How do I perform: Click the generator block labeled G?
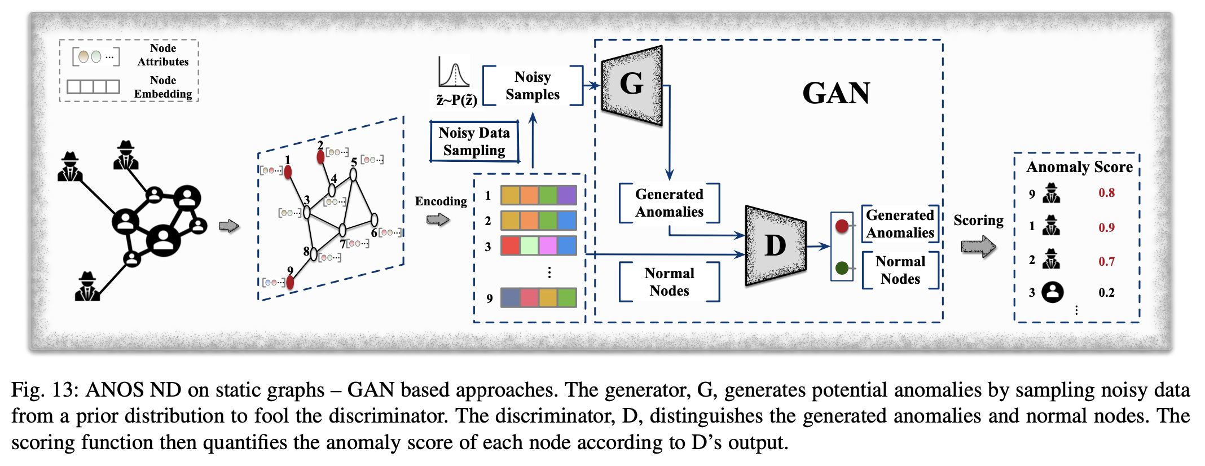pos(632,85)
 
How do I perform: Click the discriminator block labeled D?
pos(775,246)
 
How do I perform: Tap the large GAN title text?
pos(836,93)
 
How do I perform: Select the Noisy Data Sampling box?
pos(474,142)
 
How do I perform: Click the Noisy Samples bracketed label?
pos(532,86)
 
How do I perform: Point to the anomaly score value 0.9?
pos(1106,228)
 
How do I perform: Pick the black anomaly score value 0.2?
pos(1106,292)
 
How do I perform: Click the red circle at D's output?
pos(842,226)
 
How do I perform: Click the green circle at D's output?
pos(842,268)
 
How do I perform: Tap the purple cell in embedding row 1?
pos(566,196)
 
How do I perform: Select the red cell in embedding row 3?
pos(510,246)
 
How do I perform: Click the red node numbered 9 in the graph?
pos(290,282)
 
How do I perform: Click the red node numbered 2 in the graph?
pos(320,157)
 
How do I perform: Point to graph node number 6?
pos(374,219)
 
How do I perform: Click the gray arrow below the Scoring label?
pos(978,247)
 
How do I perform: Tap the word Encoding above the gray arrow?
pos(441,201)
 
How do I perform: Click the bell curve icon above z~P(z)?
pos(454,73)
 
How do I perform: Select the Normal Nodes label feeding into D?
pos(669,282)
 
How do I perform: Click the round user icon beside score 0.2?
pos(1052,292)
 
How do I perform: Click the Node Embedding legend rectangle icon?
pos(93,86)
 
